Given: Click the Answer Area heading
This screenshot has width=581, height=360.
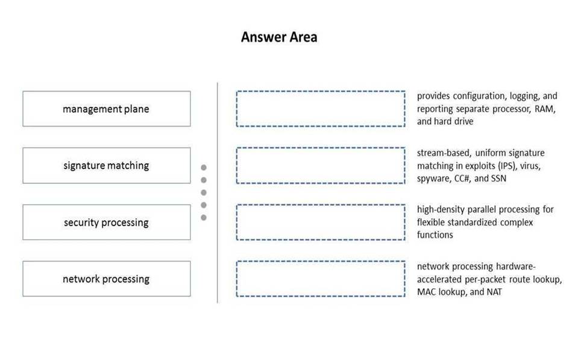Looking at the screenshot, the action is point(279,37).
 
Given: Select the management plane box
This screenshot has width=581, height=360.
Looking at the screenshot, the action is point(107,109).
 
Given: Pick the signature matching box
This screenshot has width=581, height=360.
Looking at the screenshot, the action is point(107,165).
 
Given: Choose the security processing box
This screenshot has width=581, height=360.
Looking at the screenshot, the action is point(107,222).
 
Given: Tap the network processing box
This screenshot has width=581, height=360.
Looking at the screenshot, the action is point(107,279).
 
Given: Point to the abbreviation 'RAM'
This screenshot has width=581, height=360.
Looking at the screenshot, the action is point(545,109).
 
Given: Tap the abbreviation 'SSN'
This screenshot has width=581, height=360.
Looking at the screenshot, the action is point(498,178).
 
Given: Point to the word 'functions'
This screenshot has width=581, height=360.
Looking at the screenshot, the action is point(435,235).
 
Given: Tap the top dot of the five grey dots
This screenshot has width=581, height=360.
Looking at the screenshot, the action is point(204,168).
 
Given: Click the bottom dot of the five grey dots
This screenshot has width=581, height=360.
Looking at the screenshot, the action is point(204,218).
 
